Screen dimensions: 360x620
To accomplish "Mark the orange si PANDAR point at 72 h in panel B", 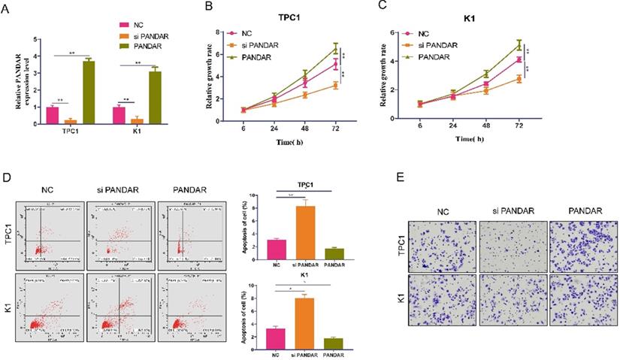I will tap(336, 86).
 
